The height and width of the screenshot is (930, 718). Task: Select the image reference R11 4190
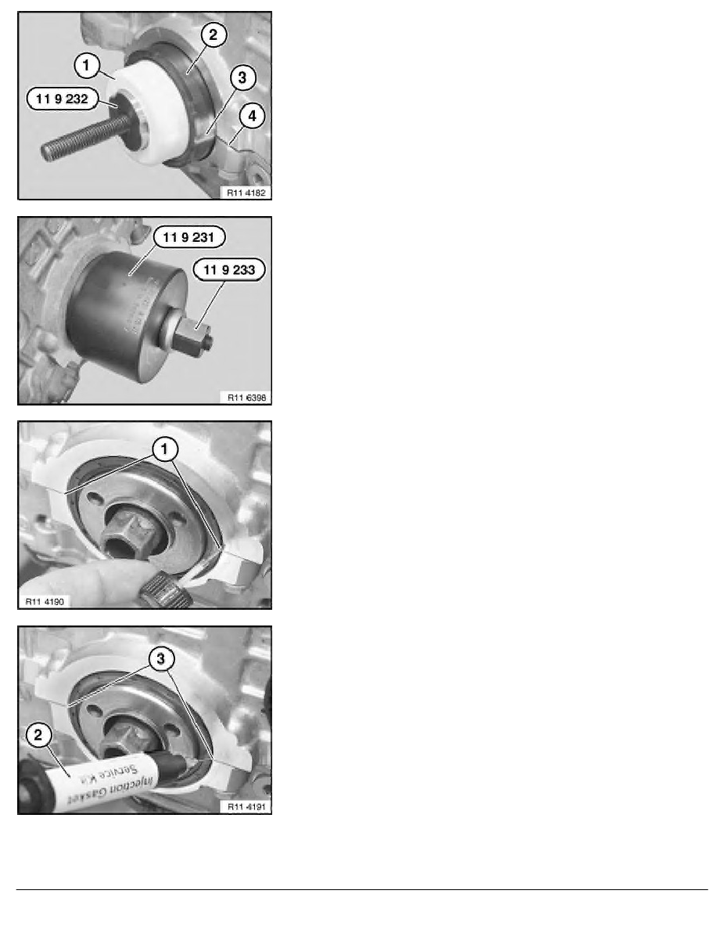43,601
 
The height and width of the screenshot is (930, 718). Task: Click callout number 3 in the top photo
242,77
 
